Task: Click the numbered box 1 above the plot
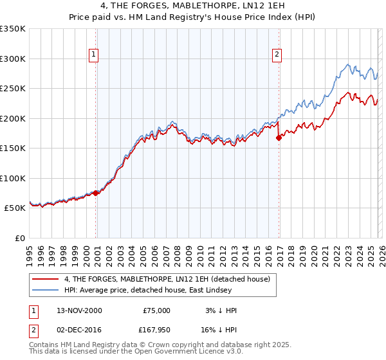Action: tap(94, 55)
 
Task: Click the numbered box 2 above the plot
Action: tap(277, 55)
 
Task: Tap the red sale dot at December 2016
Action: tap(279, 137)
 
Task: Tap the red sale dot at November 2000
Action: tap(96, 193)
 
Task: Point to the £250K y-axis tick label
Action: tap(13, 89)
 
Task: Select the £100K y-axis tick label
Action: tap(13, 179)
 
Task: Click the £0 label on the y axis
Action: tap(20, 239)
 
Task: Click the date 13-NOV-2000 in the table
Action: tap(78, 310)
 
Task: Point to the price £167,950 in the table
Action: tap(155, 332)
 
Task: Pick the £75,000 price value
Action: tap(157, 310)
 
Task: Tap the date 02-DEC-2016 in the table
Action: tap(78, 332)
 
